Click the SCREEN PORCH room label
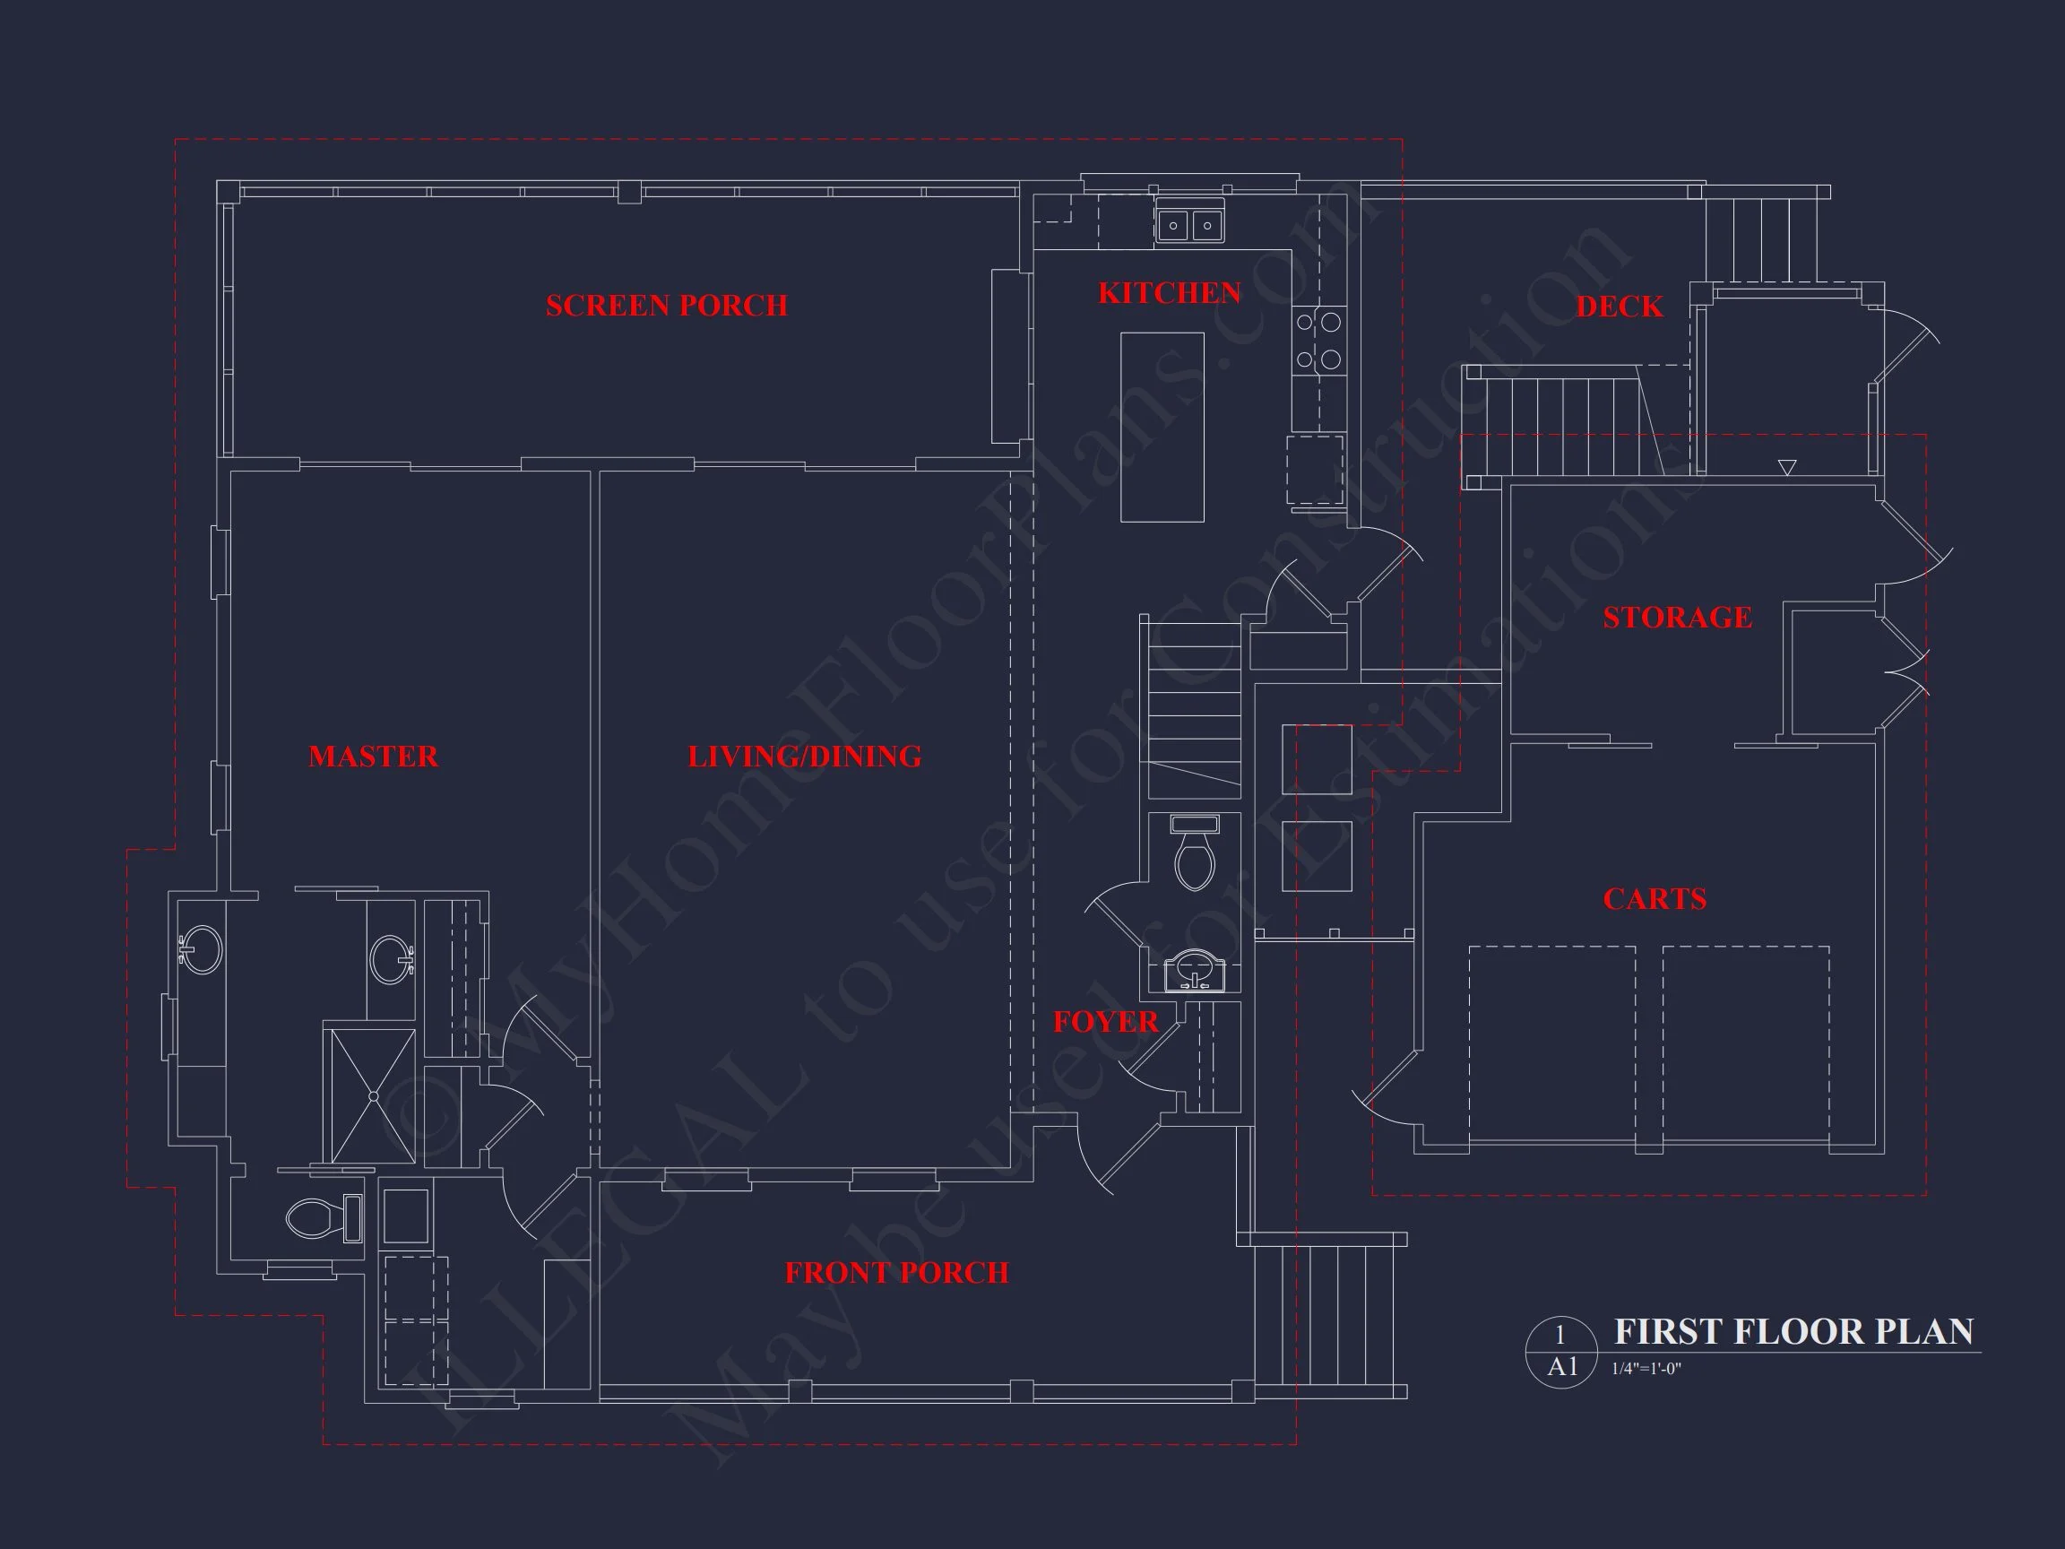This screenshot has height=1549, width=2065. click(x=667, y=306)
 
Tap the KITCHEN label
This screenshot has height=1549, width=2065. click(x=1169, y=293)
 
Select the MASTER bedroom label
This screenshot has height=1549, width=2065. click(x=374, y=757)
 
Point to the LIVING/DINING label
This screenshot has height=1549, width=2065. click(x=804, y=757)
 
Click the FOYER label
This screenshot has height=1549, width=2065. click(x=1105, y=1023)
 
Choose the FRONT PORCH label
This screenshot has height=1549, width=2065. click(x=896, y=1273)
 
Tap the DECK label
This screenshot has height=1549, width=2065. click(x=1619, y=307)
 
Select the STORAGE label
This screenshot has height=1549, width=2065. click(x=1678, y=617)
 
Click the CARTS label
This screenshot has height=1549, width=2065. click(x=1655, y=899)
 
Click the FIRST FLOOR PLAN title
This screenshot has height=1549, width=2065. click(x=1793, y=1331)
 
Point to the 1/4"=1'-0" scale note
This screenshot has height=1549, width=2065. click(x=1646, y=1370)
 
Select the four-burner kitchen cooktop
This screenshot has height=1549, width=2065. click(x=1318, y=341)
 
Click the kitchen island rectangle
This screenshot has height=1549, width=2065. click(x=1162, y=427)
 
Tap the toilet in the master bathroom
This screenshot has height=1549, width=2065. click(x=322, y=1217)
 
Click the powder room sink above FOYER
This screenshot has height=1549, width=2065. click(x=1194, y=971)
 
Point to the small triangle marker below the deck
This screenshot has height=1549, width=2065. click(x=1787, y=467)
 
